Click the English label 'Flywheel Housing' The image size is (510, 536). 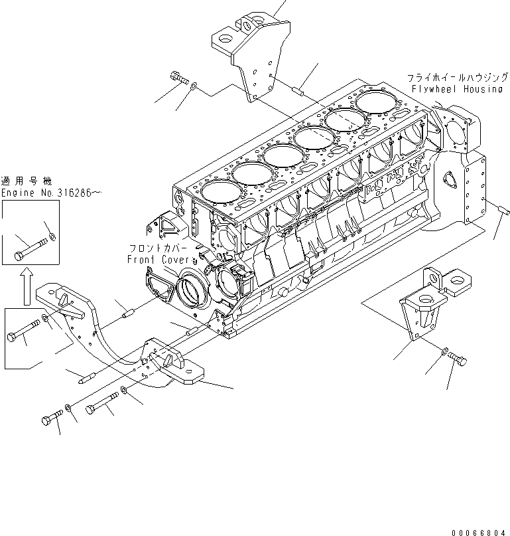[456, 89]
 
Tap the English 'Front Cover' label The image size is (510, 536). [162, 260]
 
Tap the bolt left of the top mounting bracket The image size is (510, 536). [178, 78]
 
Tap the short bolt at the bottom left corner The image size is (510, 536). [52, 418]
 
